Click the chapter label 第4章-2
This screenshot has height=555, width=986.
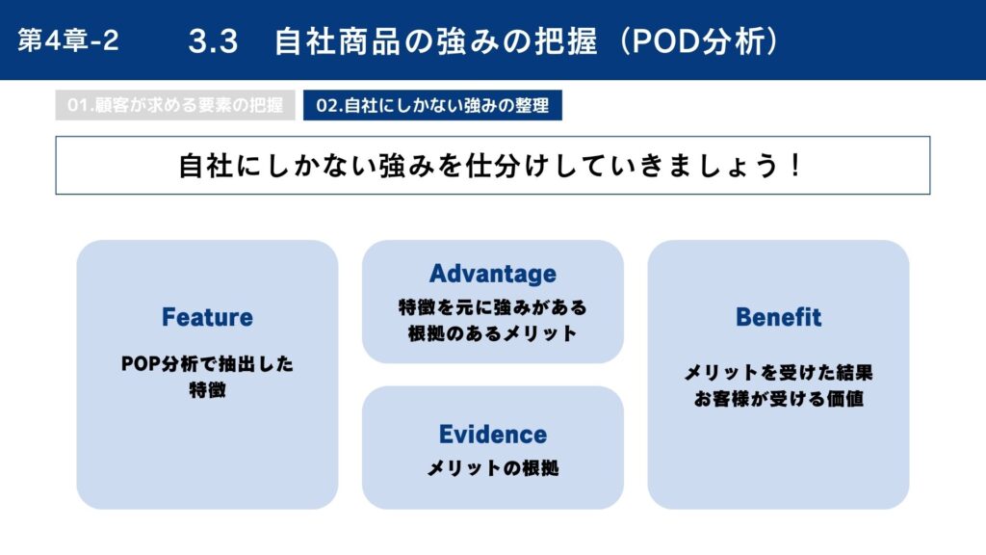(x=68, y=40)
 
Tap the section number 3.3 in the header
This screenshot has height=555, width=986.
(x=213, y=41)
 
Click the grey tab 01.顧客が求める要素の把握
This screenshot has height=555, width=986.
(x=175, y=105)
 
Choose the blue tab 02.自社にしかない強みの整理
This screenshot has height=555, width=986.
(x=432, y=105)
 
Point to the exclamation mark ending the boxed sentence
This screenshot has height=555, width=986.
(x=795, y=166)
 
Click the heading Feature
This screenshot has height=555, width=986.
(x=207, y=317)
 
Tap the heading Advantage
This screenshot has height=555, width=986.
(x=493, y=274)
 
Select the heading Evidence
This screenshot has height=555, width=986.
(x=493, y=435)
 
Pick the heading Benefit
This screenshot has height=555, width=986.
(x=778, y=317)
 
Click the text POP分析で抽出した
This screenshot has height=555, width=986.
(x=208, y=363)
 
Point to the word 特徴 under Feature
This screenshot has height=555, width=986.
(x=208, y=390)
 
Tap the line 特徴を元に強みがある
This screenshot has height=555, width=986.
(x=493, y=307)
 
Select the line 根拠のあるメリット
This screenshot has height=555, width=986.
(x=493, y=333)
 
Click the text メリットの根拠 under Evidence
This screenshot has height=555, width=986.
(x=493, y=468)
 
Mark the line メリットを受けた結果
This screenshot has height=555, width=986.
(x=778, y=373)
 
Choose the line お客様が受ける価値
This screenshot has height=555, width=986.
(x=778, y=399)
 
